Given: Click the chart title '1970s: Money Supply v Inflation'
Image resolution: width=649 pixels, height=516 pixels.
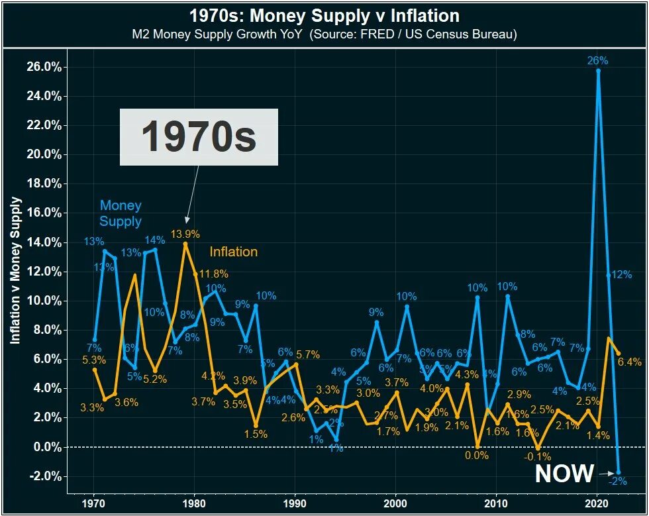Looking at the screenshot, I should pyautogui.click(x=324, y=15).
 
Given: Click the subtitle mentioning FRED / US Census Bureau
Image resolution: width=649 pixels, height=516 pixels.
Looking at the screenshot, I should pyautogui.click(x=324, y=34).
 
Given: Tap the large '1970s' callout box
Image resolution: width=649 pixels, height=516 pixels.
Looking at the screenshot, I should pyautogui.click(x=199, y=137).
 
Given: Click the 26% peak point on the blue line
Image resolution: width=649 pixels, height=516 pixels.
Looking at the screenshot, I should pyautogui.click(x=598, y=70).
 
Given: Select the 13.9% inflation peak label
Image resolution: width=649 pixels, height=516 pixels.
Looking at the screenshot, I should pyautogui.click(x=185, y=234).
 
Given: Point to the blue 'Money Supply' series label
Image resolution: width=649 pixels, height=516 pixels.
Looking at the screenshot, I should pyautogui.click(x=121, y=213).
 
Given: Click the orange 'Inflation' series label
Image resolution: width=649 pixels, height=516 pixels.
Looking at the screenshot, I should pyautogui.click(x=233, y=252).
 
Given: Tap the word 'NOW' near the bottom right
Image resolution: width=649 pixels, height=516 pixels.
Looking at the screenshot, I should pyautogui.click(x=564, y=474).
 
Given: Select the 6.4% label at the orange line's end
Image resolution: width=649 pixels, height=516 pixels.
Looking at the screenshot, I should pyautogui.click(x=628, y=362).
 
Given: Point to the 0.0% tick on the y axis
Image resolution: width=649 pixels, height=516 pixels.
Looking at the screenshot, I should pyautogui.click(x=47, y=447).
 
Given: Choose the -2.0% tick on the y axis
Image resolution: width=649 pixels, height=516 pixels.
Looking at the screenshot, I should pyautogui.click(x=46, y=476).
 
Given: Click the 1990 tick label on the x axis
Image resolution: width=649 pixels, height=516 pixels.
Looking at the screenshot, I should pyautogui.click(x=295, y=503).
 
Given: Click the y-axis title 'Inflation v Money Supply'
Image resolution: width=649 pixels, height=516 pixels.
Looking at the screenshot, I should pyautogui.click(x=16, y=270).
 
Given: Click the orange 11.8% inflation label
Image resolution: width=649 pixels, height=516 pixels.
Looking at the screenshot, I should pyautogui.click(x=214, y=274).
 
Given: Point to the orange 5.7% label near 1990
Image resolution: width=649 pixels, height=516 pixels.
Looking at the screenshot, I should pyautogui.click(x=308, y=354).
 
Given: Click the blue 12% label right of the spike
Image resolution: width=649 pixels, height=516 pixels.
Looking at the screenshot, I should pyautogui.click(x=622, y=275).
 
